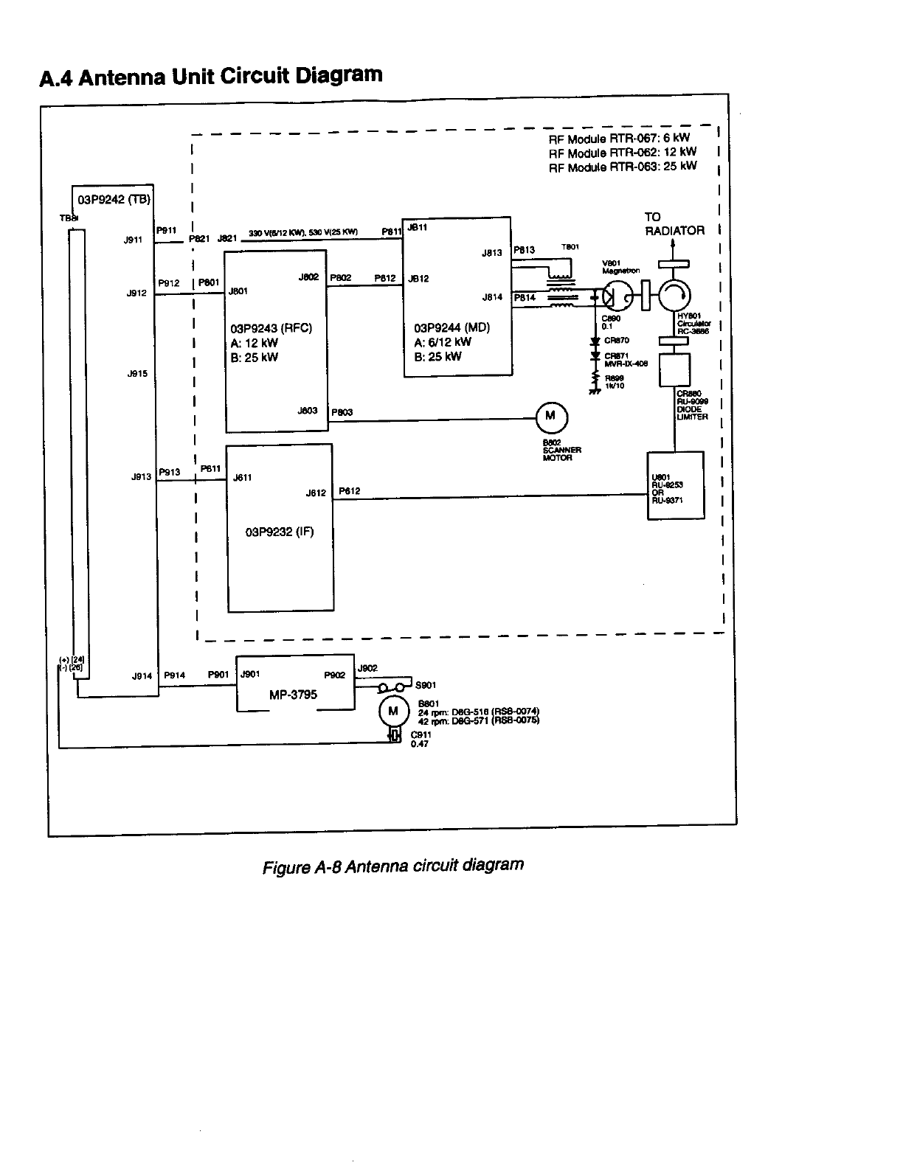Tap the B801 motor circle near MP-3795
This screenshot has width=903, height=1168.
coord(392,712)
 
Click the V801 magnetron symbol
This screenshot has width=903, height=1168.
coord(616,297)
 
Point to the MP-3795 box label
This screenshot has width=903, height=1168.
coord(294,695)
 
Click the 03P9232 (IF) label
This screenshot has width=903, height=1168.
coord(280,532)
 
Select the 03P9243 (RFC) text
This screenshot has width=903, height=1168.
coord(271,328)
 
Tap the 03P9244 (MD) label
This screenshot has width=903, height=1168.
coord(452,328)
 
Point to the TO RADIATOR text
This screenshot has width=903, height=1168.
coord(674,224)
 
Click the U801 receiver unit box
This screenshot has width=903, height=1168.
coord(675,485)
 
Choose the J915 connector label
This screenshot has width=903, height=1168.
coord(137,374)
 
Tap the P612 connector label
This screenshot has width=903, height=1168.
coord(350,491)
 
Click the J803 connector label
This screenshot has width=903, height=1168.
coord(308,411)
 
